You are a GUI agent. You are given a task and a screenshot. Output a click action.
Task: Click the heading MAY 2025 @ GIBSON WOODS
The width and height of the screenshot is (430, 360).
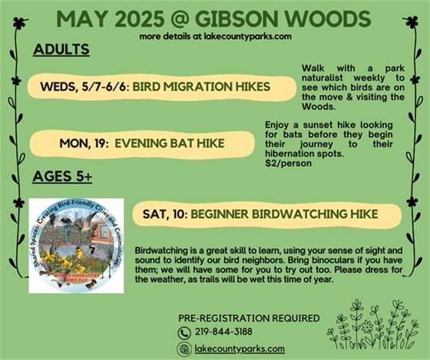[x=215, y=18]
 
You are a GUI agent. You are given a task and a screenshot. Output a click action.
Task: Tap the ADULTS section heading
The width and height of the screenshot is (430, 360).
[x=61, y=50]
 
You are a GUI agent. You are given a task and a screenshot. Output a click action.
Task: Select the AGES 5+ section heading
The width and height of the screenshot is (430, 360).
[x=63, y=177]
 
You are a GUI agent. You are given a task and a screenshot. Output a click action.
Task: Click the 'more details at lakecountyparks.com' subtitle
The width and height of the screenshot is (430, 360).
[x=215, y=36]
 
